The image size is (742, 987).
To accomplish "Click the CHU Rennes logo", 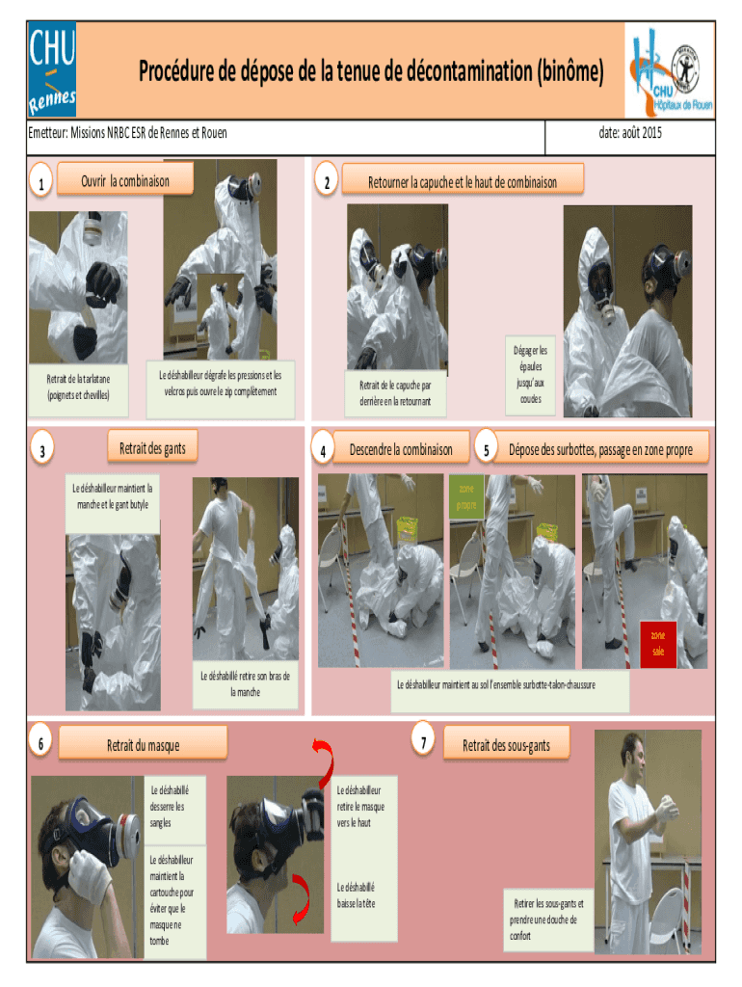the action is coord(52,69).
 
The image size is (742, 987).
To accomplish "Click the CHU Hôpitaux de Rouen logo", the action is coord(670,70).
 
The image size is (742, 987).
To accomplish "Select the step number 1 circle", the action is coord(40,180).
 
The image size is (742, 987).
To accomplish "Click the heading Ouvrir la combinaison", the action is coord(125,181).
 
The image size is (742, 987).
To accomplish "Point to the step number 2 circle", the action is coord(327,180).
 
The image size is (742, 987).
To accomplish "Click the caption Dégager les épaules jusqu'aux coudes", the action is coord(531,375).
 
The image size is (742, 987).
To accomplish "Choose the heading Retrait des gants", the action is coord(152,448).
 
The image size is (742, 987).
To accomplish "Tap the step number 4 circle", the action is coord(323,449).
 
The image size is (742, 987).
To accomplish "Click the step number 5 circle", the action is coord(486,449).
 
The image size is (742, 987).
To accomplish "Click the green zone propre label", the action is coord(466,496).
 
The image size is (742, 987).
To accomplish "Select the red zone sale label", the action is coord(658,644).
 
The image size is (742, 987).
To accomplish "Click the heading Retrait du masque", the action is coord(143,745).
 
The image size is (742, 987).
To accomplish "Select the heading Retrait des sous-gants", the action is coord(506,746).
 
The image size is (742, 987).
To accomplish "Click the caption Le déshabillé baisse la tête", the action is coord(356,895).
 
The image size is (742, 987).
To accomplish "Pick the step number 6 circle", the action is coord(40,742).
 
